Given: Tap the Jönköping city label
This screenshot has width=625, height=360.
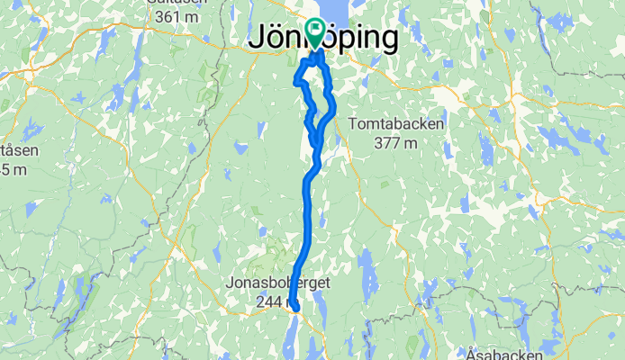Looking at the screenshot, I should (x=322, y=39).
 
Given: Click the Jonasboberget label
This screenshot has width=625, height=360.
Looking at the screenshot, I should (x=278, y=283).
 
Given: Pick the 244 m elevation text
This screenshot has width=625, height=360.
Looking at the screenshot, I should (x=268, y=302).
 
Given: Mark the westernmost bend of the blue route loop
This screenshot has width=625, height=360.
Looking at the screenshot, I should (x=295, y=83).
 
